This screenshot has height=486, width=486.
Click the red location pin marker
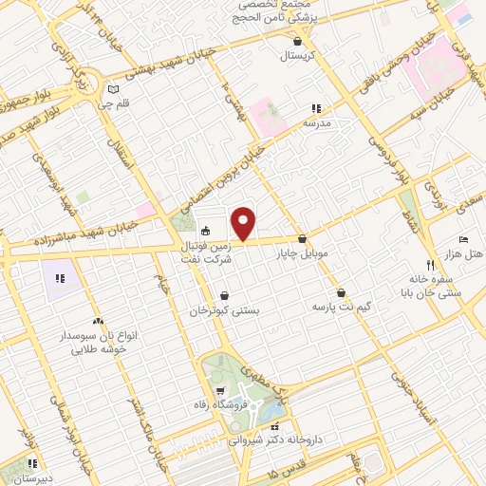pos(244,224)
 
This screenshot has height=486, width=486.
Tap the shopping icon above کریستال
pos(299,42)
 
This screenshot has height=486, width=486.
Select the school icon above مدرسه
pos(316,109)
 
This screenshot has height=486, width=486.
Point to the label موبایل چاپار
pos(301,254)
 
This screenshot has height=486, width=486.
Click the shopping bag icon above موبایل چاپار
pos(302,239)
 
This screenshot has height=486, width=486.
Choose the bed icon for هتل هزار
pos(463,239)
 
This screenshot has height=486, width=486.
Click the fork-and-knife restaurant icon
pos(430,265)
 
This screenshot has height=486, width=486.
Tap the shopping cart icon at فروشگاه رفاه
pos(219,391)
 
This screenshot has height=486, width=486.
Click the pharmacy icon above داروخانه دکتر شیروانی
pos(275,428)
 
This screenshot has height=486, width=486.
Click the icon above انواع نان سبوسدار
pos(99,322)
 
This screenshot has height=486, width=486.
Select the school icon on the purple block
pos(59,278)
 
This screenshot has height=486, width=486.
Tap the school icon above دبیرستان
pos(32,464)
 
